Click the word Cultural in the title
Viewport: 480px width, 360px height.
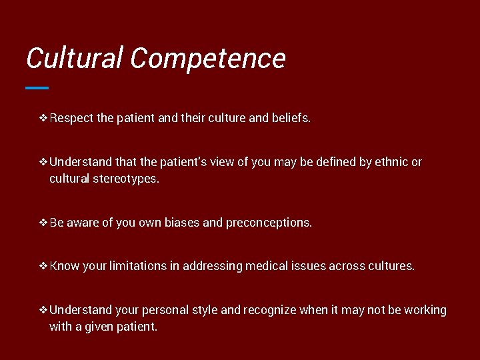[x=75, y=59]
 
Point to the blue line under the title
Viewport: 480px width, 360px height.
[x=37, y=87]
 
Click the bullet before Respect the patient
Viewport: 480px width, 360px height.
[x=43, y=118]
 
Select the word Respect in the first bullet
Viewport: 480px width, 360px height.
[x=71, y=118]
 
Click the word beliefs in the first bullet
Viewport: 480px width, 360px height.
[x=291, y=118]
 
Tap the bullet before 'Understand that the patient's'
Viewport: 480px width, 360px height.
[x=43, y=162]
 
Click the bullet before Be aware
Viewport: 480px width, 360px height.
[x=43, y=223]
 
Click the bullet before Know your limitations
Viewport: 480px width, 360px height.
[x=43, y=266]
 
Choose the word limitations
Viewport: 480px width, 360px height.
[x=137, y=266]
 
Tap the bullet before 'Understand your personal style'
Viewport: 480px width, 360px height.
[x=43, y=310]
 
